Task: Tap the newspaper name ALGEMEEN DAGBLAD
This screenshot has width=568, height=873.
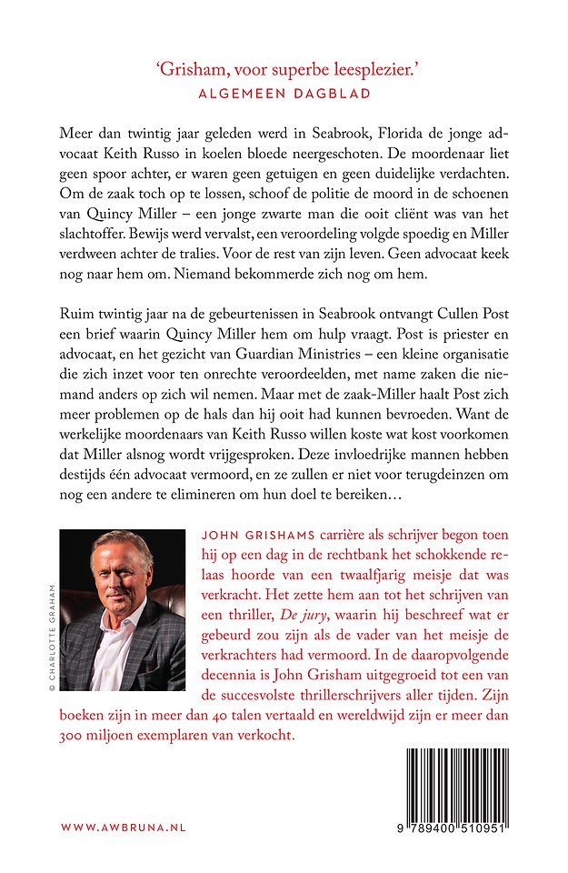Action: click(x=283, y=92)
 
